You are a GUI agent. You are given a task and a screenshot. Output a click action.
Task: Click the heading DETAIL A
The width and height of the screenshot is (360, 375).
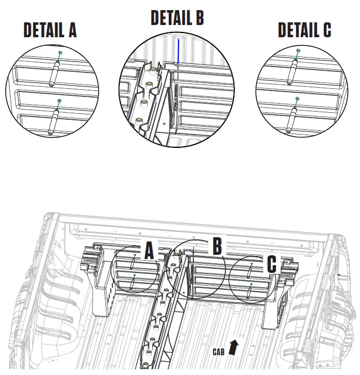click(50, 30)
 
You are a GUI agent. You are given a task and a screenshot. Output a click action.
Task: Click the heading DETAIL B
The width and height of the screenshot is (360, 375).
click(177, 18)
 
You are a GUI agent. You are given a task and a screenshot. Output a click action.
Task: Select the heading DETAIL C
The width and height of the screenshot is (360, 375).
click(304, 30)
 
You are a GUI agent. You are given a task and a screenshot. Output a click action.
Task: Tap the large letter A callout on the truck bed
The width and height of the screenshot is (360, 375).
click(149, 250)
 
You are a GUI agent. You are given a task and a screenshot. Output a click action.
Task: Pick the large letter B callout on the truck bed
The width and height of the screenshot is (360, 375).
click(217, 246)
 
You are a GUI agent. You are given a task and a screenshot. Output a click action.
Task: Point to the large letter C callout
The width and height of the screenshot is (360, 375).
click(272, 264)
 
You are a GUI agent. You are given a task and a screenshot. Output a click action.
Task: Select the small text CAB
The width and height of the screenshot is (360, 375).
click(218, 352)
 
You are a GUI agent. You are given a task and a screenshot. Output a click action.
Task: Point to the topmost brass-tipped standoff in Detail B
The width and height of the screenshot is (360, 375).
click(153, 70)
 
